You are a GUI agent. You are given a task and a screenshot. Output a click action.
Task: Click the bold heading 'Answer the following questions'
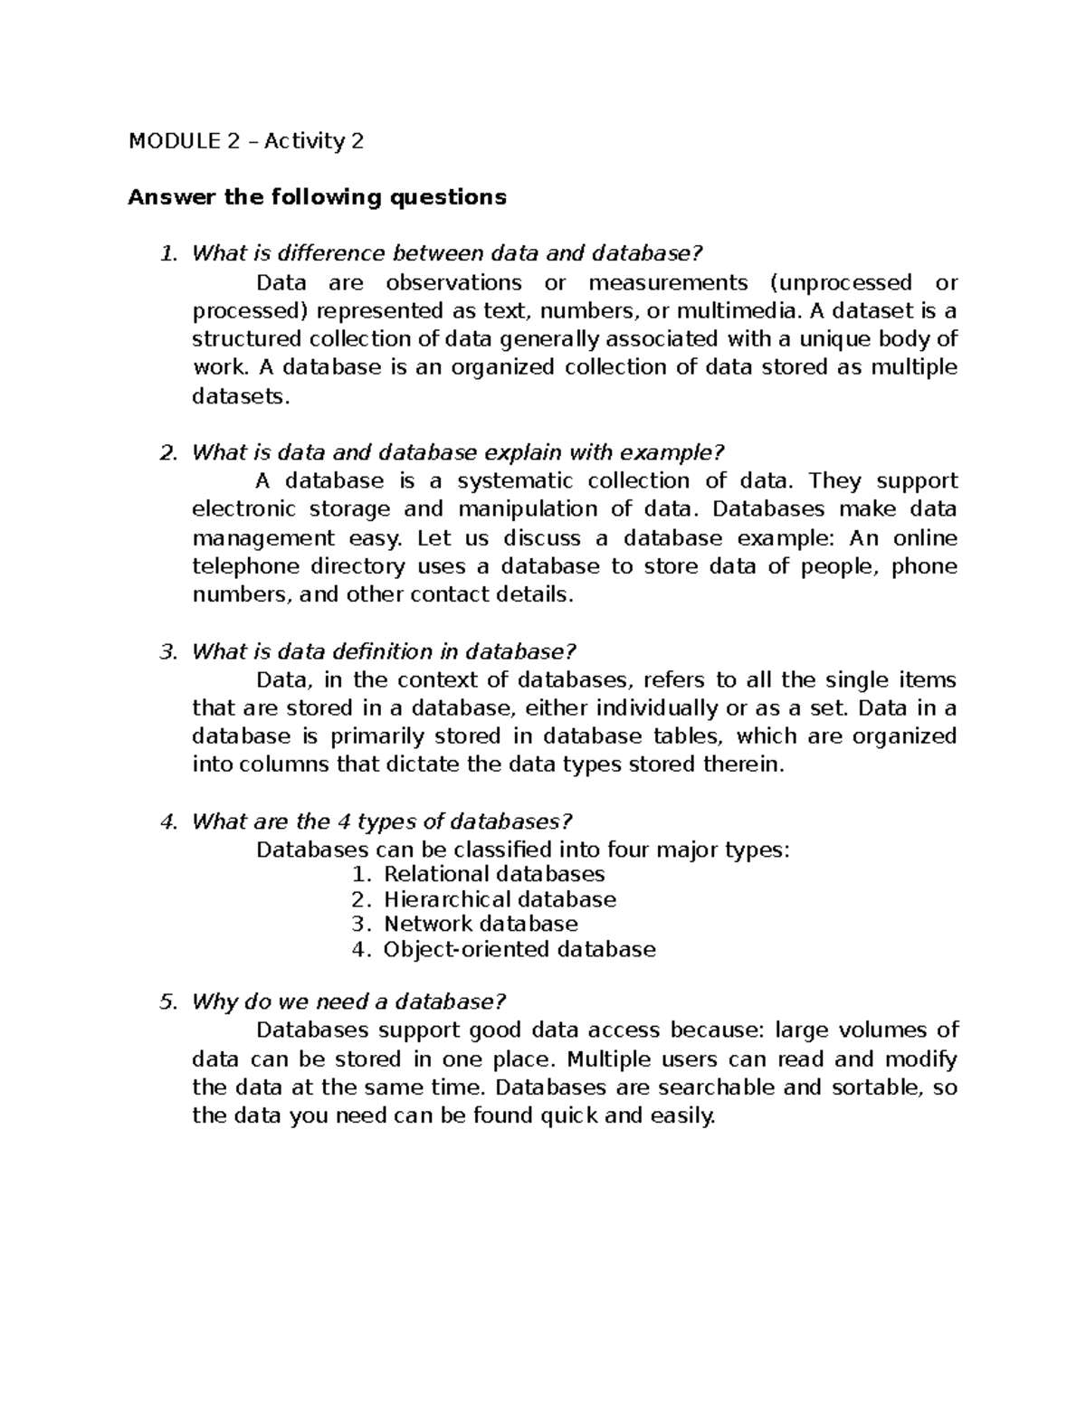[x=317, y=197]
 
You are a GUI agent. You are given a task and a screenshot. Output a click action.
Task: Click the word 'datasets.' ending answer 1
[x=243, y=396]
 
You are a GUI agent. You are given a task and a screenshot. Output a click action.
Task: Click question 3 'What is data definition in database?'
[x=384, y=651]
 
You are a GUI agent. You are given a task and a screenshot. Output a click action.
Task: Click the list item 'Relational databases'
[x=494, y=874]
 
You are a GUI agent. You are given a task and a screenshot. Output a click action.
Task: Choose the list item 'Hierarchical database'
[x=500, y=899]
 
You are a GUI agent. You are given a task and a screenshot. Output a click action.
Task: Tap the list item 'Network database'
[x=481, y=924]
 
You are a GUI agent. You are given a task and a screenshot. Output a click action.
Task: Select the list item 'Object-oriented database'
[x=519, y=949]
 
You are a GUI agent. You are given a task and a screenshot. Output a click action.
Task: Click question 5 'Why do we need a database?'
[x=348, y=1002]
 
